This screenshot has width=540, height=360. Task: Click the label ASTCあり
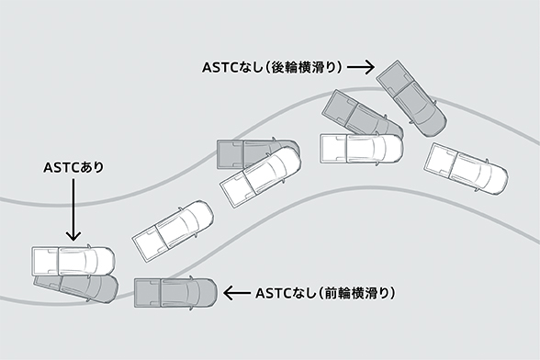(x=73, y=168)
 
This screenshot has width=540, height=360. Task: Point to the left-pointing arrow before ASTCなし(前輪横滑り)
(x=238, y=293)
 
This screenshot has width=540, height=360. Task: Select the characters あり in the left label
(x=93, y=168)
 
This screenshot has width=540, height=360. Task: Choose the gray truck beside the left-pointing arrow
(x=174, y=293)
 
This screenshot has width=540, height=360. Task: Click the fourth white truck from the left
(x=361, y=147)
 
